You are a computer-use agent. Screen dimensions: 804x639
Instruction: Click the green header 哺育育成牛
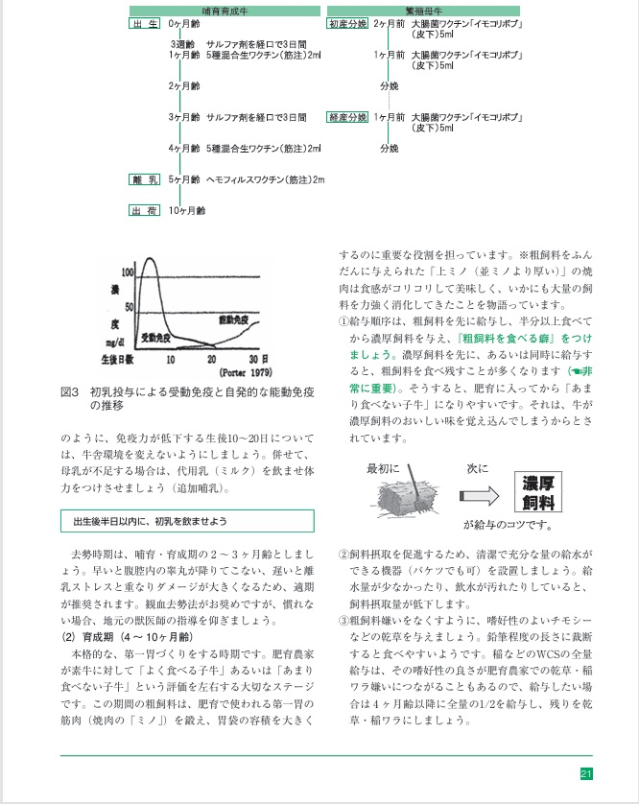coord(225,10)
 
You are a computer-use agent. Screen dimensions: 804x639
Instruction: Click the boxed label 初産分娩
coord(347,23)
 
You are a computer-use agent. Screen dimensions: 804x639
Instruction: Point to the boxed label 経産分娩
coord(347,117)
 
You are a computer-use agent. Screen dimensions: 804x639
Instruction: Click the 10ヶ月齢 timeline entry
coord(187,210)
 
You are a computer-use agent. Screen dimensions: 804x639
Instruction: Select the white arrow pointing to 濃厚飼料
coord(478,495)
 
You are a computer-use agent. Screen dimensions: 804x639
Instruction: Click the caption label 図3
coord(69,392)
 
